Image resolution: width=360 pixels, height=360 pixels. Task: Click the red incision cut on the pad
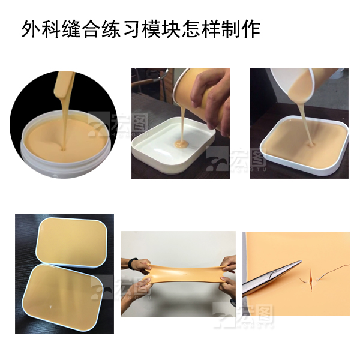click(x=311, y=278)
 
